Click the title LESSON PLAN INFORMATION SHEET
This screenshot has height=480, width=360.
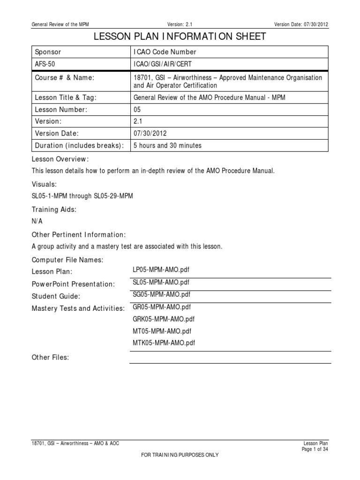click(180, 36)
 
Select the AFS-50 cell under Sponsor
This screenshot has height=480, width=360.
click(43, 64)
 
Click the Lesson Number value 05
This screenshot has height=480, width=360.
click(137, 110)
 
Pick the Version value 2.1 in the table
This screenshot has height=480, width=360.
click(137, 121)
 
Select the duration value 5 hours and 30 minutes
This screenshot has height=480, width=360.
click(167, 145)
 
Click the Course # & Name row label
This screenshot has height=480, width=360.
click(65, 77)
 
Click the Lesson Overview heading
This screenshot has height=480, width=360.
click(60, 159)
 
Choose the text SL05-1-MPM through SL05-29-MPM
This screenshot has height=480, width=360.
click(82, 196)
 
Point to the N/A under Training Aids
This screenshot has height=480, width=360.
click(37, 221)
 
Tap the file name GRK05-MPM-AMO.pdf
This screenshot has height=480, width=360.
click(164, 319)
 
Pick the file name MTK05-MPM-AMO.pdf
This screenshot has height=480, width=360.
click(164, 343)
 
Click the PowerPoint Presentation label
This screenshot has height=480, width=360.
click(73, 284)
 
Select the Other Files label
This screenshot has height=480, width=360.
click(50, 358)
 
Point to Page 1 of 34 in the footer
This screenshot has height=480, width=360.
click(315, 449)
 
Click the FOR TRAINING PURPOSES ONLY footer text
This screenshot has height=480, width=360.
click(180, 455)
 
